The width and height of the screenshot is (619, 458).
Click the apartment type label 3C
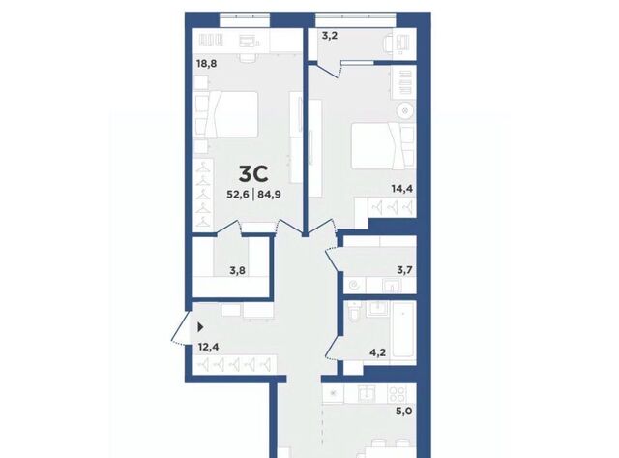pos(253,174)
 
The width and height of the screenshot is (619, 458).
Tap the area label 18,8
pos(206,63)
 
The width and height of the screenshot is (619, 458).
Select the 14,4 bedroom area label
pos(402,189)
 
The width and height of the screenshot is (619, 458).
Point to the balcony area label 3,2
pos(330,37)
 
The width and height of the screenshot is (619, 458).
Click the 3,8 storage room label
pos(238,271)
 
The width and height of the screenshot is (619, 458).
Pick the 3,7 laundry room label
pos(404,270)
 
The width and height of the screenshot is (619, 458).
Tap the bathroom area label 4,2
pos(377,352)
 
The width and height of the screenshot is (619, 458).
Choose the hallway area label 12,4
pos(209,348)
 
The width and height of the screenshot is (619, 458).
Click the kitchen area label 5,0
pos(404,412)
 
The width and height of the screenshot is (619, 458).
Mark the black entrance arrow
pos(200,327)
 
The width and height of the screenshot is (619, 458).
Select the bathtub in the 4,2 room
pos(403,330)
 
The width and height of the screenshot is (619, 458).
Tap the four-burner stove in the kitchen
pos(398,393)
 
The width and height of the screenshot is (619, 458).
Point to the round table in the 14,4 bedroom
pos(404,110)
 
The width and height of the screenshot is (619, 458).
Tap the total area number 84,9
pos(269,195)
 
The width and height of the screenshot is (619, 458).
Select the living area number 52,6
pos(238,195)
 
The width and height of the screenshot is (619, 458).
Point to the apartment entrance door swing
pos(180,329)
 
